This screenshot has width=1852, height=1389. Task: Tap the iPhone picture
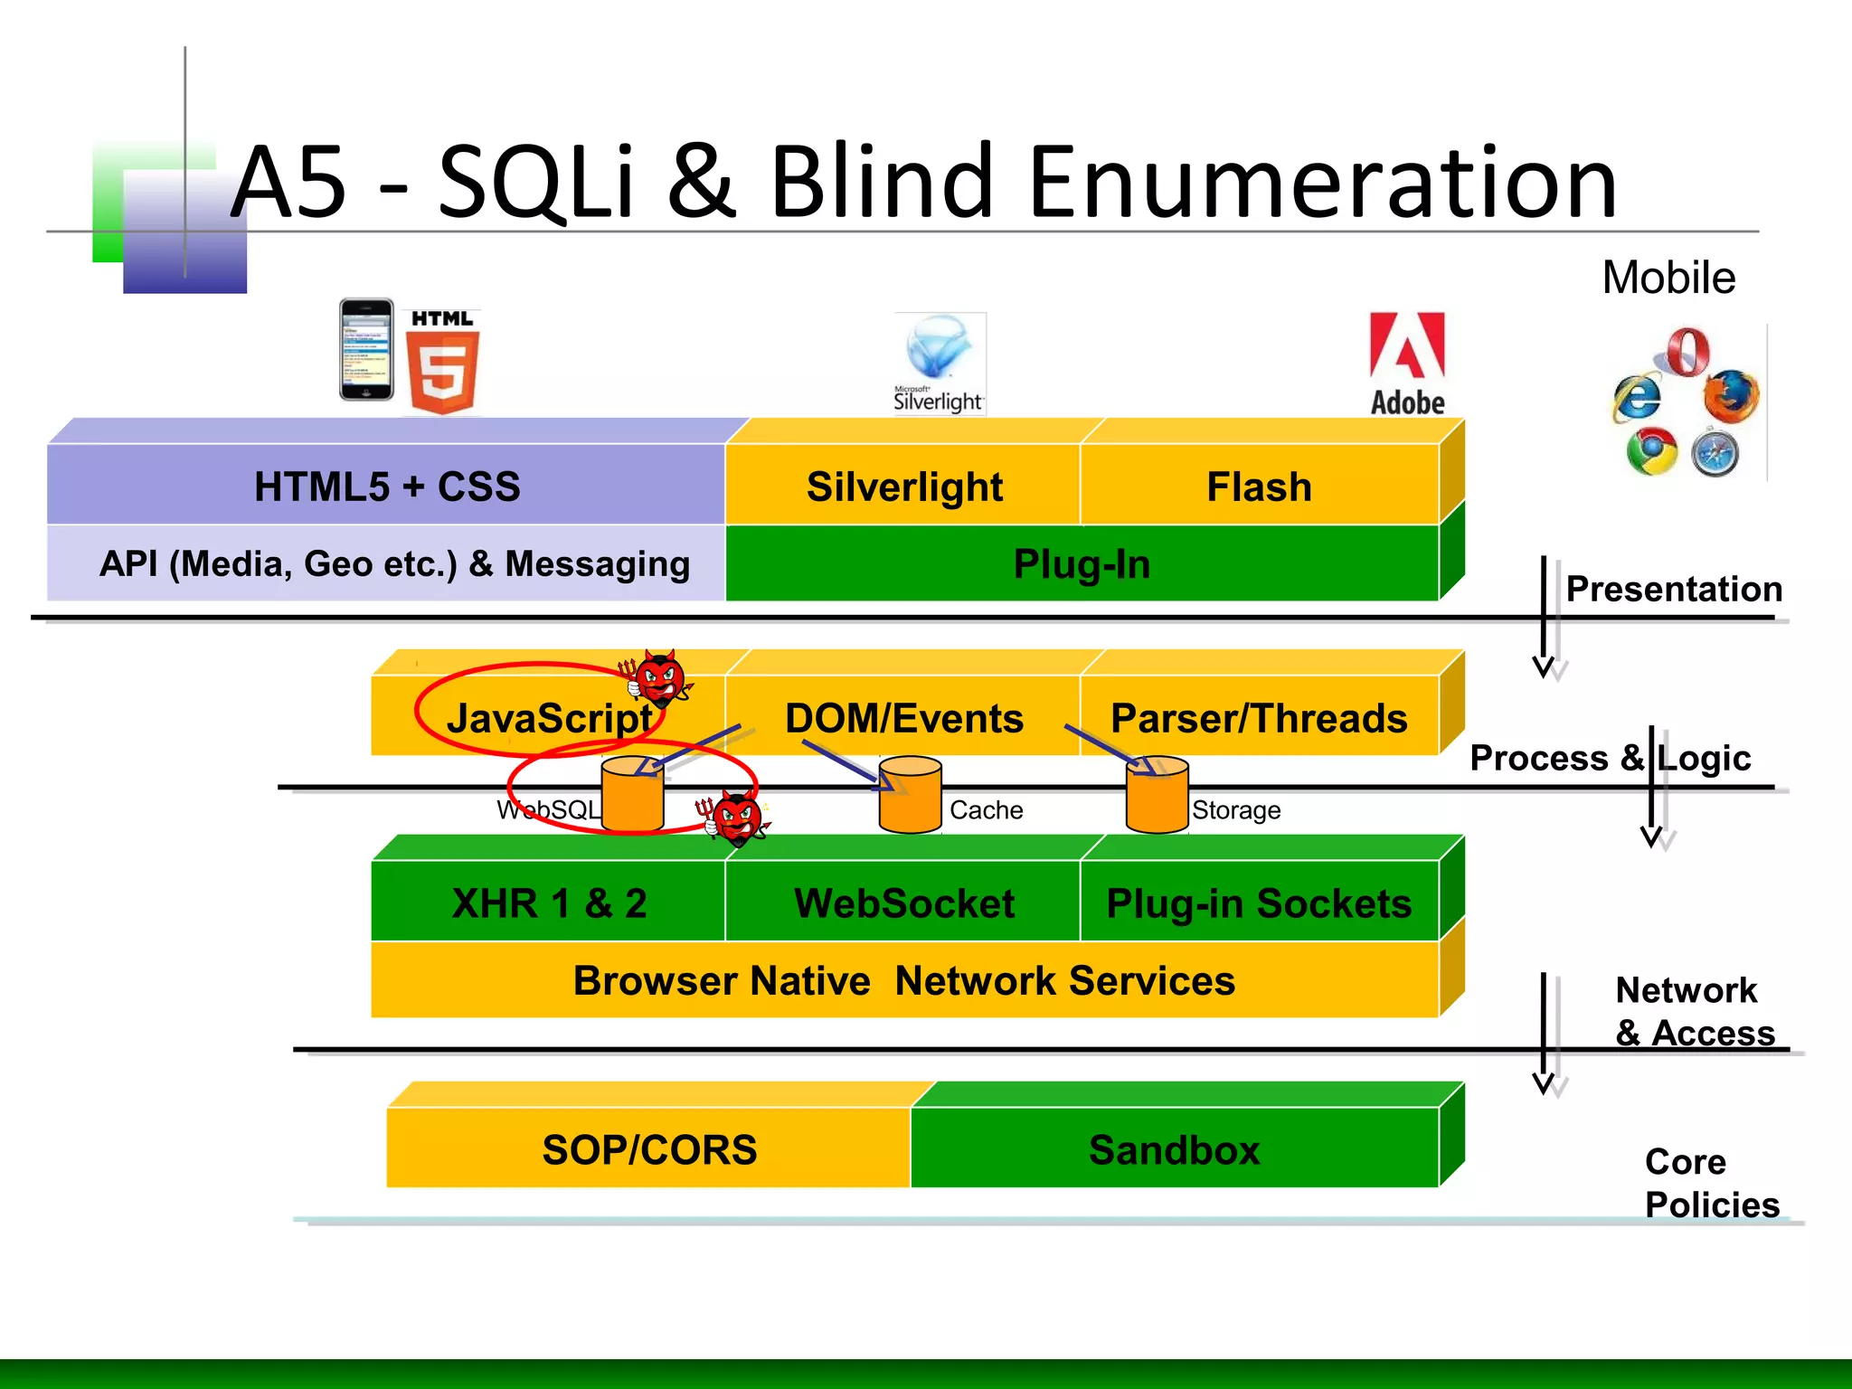[x=366, y=350]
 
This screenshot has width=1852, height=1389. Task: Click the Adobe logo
[x=1407, y=364]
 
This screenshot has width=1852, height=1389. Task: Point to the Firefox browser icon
[x=1730, y=396]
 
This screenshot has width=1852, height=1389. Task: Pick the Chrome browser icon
[x=1651, y=452]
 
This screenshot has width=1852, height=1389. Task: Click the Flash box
[x=1259, y=487]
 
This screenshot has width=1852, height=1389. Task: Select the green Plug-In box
[x=1082, y=564]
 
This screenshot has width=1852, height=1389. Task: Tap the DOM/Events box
[x=903, y=718]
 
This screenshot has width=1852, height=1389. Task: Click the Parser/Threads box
[x=1259, y=718]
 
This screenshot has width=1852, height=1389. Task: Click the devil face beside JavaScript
[x=659, y=678]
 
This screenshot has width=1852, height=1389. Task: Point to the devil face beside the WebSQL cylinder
[x=736, y=819]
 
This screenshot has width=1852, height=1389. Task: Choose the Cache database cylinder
[x=911, y=795]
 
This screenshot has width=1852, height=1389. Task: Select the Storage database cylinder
[x=1157, y=795]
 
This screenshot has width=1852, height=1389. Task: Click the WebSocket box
[x=903, y=903]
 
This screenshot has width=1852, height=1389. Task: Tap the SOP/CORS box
[x=648, y=1149]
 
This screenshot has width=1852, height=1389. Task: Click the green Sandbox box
[x=1174, y=1149]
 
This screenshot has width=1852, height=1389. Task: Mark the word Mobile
[x=1668, y=278]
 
